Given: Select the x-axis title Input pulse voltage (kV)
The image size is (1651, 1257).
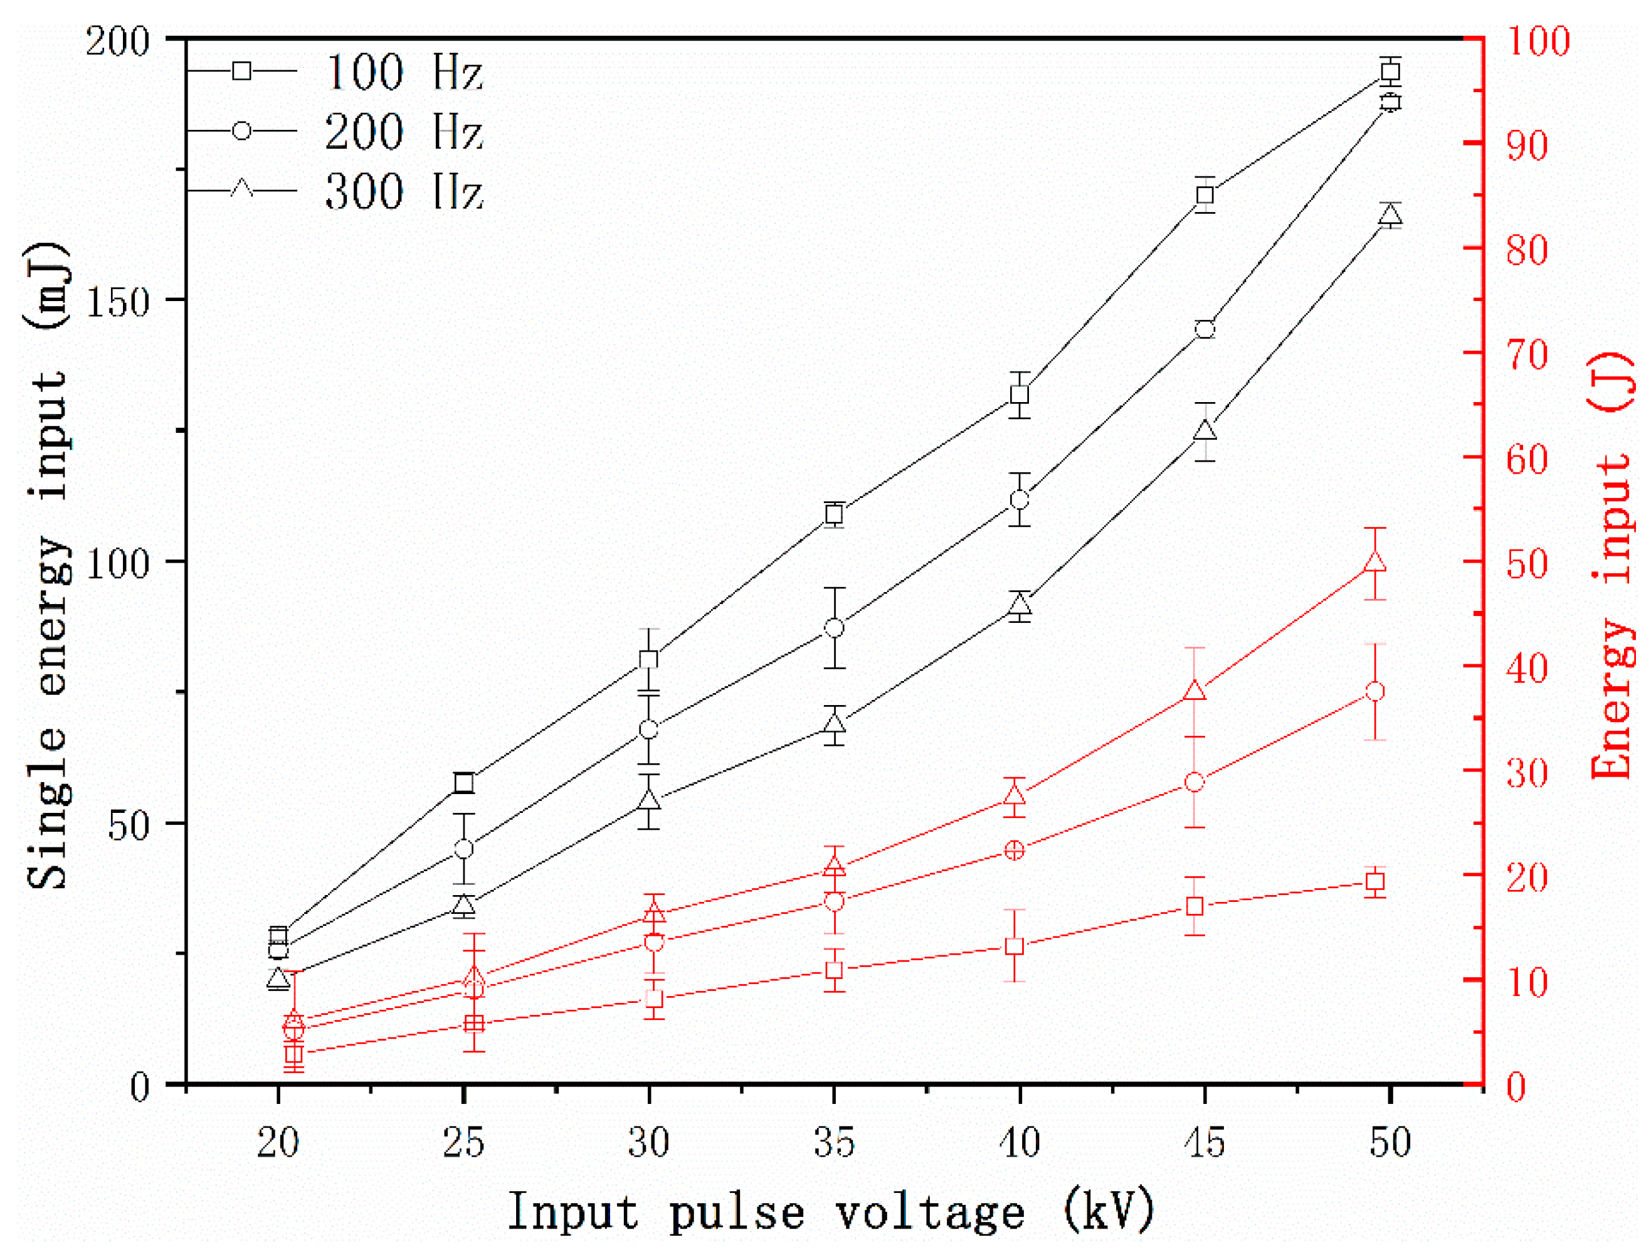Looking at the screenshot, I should pos(830,1211).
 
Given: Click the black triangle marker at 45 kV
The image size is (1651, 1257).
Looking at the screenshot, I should pos(1205,431).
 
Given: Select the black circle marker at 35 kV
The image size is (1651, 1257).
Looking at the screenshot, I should pos(834,628).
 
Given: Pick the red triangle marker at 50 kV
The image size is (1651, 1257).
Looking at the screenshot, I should pos(1375,563).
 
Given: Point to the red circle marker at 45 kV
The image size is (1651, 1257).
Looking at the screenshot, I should pos(1195,783).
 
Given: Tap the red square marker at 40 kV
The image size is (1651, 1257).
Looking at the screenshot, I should pos(1015,947).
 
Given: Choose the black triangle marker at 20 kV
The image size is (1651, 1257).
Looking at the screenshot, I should pos(278,979).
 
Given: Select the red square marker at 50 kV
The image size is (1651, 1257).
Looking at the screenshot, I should pos(1375,882).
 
